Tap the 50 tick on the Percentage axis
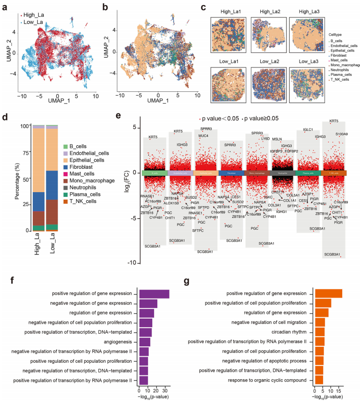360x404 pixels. pyautogui.click(x=23, y=179)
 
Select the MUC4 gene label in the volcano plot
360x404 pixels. pyautogui.click(x=203, y=136)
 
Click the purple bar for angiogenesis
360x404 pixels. pyautogui.click(x=144, y=342)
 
